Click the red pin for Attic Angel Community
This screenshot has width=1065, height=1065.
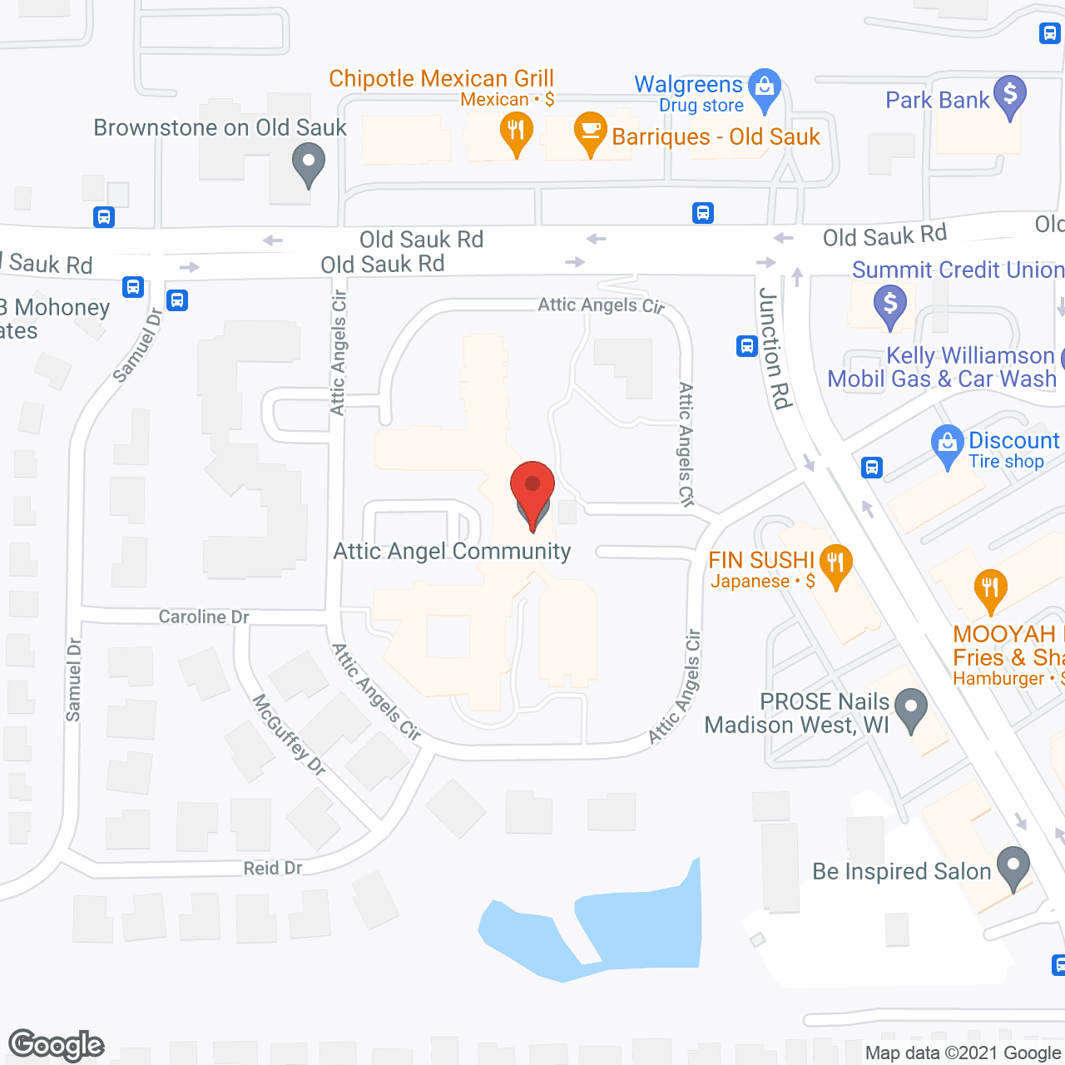click(532, 487)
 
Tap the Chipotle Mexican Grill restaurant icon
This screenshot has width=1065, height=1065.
click(516, 131)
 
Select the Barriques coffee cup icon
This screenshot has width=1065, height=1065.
click(590, 131)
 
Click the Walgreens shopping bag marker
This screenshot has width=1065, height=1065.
click(764, 87)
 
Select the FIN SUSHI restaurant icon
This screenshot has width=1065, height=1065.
click(835, 563)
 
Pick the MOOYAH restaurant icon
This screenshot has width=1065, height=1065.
click(989, 587)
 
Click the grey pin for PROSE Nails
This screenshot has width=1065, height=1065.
click(911, 708)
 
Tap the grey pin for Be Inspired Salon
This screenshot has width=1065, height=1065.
click(1013, 865)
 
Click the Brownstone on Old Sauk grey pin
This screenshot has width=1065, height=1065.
click(308, 161)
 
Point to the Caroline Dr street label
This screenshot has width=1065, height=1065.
click(204, 617)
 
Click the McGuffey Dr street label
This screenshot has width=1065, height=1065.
click(289, 734)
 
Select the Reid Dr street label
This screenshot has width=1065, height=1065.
click(273, 868)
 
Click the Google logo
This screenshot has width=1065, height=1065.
click(56, 1045)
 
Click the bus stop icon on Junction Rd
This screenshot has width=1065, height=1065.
click(746, 346)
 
